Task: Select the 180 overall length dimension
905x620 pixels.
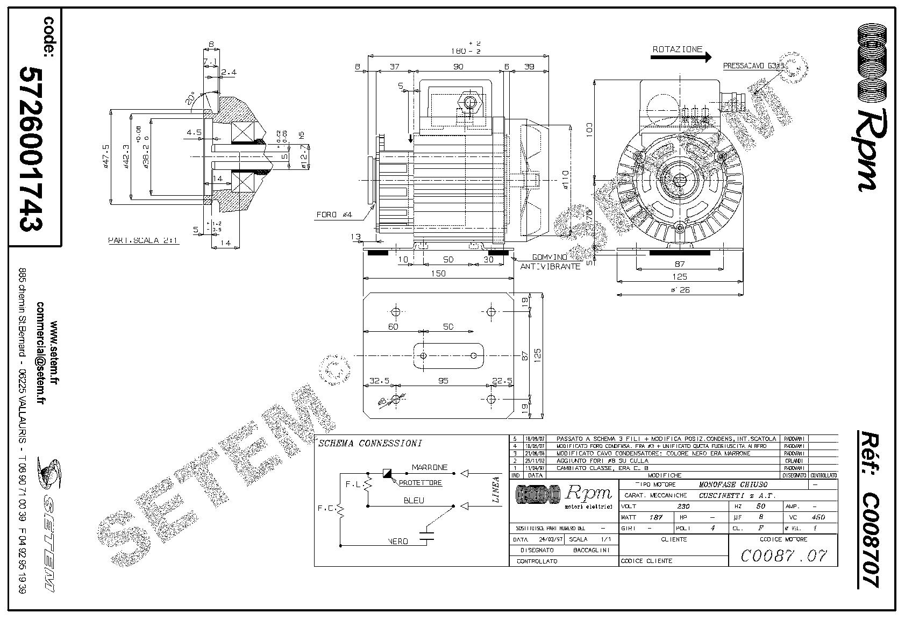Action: [x=458, y=51]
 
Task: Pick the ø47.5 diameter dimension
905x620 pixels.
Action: [x=106, y=156]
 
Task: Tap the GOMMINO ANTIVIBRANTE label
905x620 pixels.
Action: [x=550, y=262]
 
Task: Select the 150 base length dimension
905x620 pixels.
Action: [x=438, y=274]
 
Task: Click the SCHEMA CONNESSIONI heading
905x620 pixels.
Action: [x=370, y=444]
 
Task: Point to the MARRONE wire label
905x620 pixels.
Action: [x=429, y=467]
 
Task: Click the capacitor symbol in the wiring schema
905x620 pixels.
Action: [x=428, y=535]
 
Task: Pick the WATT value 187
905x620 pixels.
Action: [x=655, y=517]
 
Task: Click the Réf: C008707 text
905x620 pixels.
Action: [x=868, y=508]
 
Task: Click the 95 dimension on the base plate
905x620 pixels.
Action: [x=443, y=381]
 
